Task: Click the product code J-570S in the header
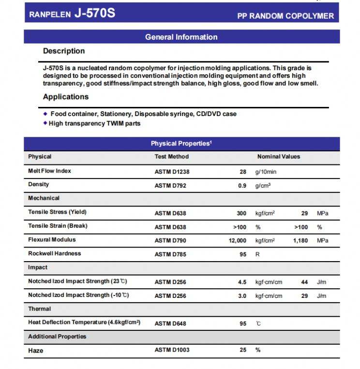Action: pyautogui.click(x=94, y=13)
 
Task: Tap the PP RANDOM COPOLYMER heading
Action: pyautogui.click(x=285, y=16)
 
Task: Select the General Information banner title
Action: pyautogui.click(x=181, y=37)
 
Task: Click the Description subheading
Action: pyautogui.click(x=64, y=51)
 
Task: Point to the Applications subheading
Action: pyautogui.click(x=66, y=97)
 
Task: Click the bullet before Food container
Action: pyautogui.click(x=45, y=114)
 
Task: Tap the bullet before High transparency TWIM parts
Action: pyautogui.click(x=45, y=123)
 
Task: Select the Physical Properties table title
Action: pyautogui.click(x=181, y=144)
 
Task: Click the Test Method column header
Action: pyautogui.click(x=172, y=157)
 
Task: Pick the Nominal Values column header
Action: pyautogui.click(x=279, y=157)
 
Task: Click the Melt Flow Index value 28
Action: pyautogui.click(x=243, y=172)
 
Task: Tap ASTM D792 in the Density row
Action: pyautogui.click(x=170, y=185)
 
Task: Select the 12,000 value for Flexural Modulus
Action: pyautogui.click(x=236, y=240)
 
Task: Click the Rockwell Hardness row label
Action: pyautogui.click(x=55, y=253)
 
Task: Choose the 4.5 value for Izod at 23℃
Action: pyautogui.click(x=242, y=282)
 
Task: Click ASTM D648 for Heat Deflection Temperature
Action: pyautogui.click(x=170, y=324)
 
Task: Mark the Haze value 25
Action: pyautogui.click(x=243, y=350)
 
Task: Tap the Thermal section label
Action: pyautogui.click(x=40, y=309)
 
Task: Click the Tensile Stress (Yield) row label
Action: pyautogui.click(x=58, y=212)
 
